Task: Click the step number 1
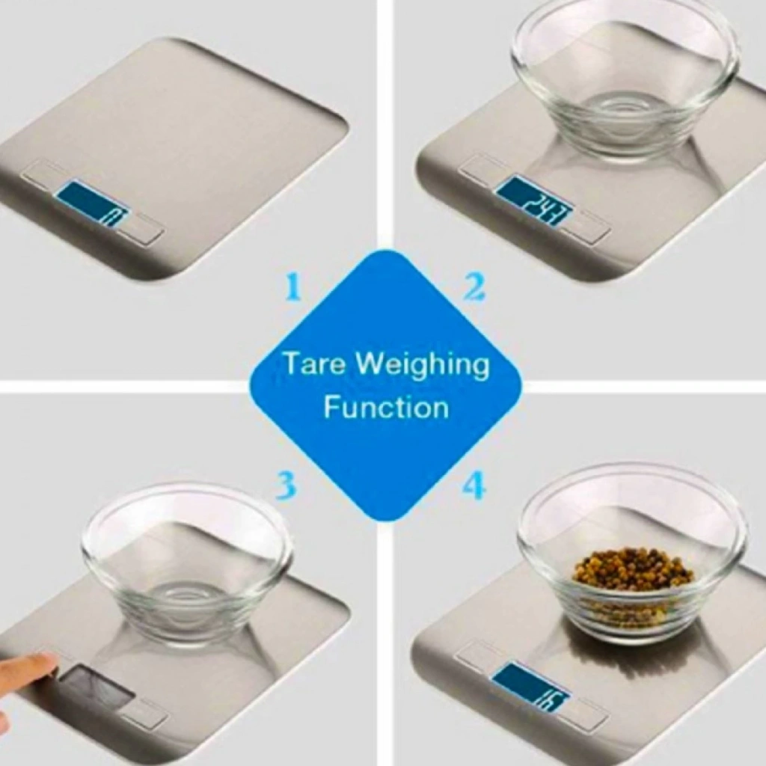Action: click(292, 289)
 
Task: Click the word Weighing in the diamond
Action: click(420, 365)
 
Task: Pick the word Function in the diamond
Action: click(387, 407)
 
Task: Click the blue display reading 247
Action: click(536, 202)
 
